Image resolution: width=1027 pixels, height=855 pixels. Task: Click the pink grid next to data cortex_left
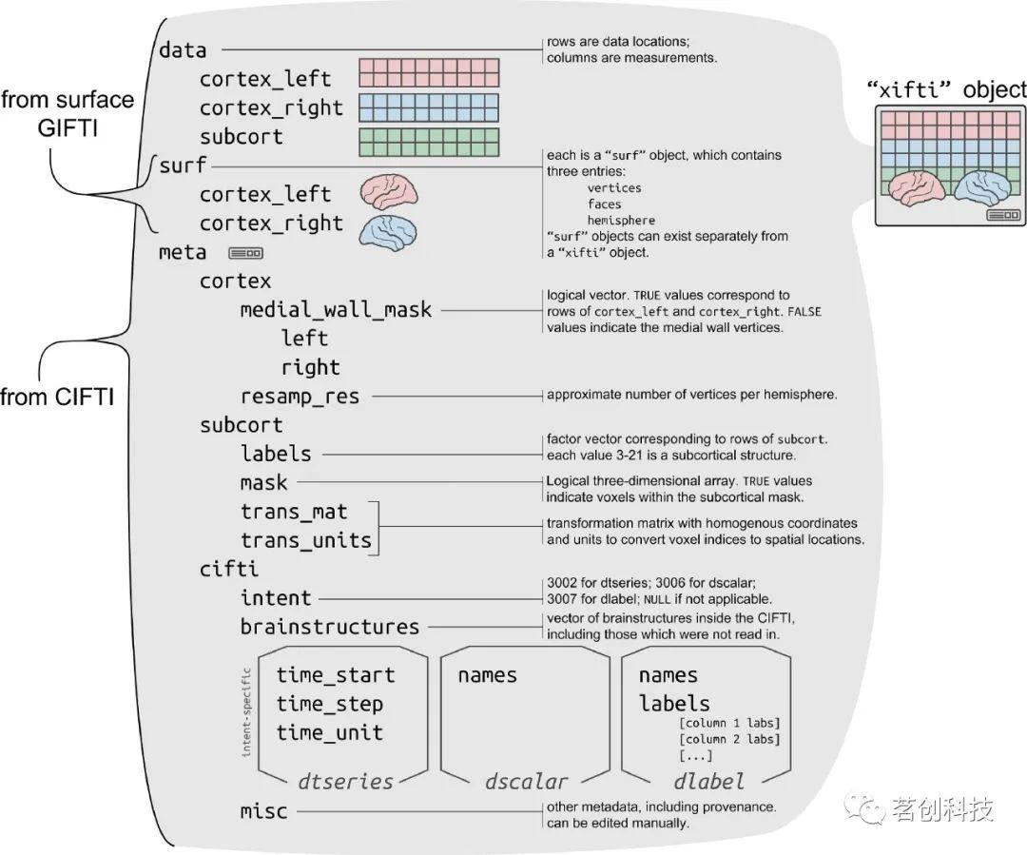coord(428,73)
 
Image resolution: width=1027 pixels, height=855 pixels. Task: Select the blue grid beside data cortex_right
coord(428,107)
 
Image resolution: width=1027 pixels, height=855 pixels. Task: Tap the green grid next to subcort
coord(428,142)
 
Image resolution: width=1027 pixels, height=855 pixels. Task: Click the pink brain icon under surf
coord(389,191)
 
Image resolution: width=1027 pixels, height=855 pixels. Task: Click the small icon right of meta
coord(245,254)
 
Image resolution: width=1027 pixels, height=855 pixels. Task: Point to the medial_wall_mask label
coord(336,310)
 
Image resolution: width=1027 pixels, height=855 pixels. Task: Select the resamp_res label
coord(300,396)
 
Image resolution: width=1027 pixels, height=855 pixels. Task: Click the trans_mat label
coord(294,512)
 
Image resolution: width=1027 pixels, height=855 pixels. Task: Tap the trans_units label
coord(305,540)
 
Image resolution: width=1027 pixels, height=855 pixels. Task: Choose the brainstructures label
coord(329,627)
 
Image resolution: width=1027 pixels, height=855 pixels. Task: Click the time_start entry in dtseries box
coord(335,675)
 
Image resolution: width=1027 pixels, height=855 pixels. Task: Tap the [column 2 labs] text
coord(729,739)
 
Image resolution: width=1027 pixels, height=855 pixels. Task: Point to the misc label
coord(263,811)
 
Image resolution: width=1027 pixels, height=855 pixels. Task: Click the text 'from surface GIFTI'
coord(67,112)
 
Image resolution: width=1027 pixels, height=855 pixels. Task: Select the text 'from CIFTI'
coord(57,397)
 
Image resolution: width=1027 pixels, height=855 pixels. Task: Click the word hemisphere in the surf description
coord(621,220)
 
